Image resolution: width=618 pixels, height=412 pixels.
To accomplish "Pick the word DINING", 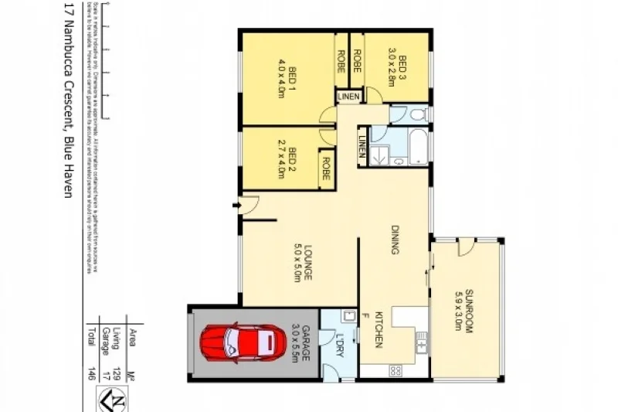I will [395, 240].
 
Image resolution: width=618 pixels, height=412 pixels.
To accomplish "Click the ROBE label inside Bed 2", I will [326, 169].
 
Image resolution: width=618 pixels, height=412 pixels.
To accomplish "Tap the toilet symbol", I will [416, 114].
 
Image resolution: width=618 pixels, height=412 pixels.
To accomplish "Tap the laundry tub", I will [348, 315].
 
